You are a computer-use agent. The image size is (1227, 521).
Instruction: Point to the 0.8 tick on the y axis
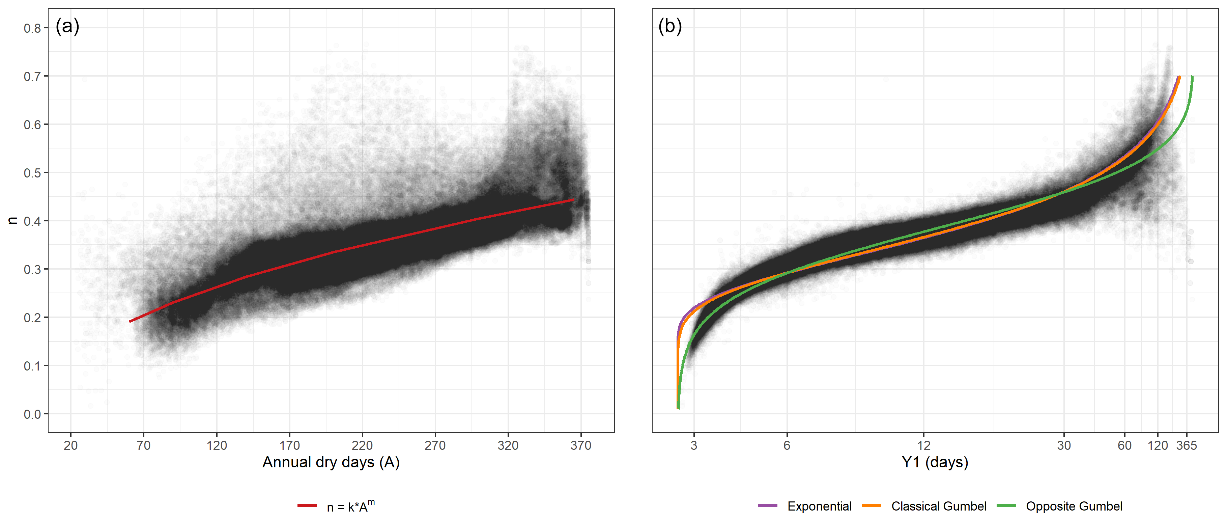32,28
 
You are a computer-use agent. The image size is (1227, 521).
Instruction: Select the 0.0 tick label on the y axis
32,414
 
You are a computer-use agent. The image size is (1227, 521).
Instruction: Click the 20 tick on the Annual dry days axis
70,445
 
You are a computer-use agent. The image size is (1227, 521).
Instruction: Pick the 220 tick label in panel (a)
362,445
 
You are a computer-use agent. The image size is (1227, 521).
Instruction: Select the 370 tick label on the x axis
581,445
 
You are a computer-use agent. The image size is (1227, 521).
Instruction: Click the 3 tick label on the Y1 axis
693,445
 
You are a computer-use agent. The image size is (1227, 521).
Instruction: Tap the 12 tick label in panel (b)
923,445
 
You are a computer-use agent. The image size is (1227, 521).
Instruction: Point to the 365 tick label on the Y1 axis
1186,445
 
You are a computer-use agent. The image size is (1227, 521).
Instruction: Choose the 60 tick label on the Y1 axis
1124,445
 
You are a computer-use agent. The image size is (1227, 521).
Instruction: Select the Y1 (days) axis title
935,462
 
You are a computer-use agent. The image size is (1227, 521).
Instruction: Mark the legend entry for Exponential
819,506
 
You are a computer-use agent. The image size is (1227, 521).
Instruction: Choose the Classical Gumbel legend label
938,506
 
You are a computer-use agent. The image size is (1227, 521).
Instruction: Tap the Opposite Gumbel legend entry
1074,506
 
